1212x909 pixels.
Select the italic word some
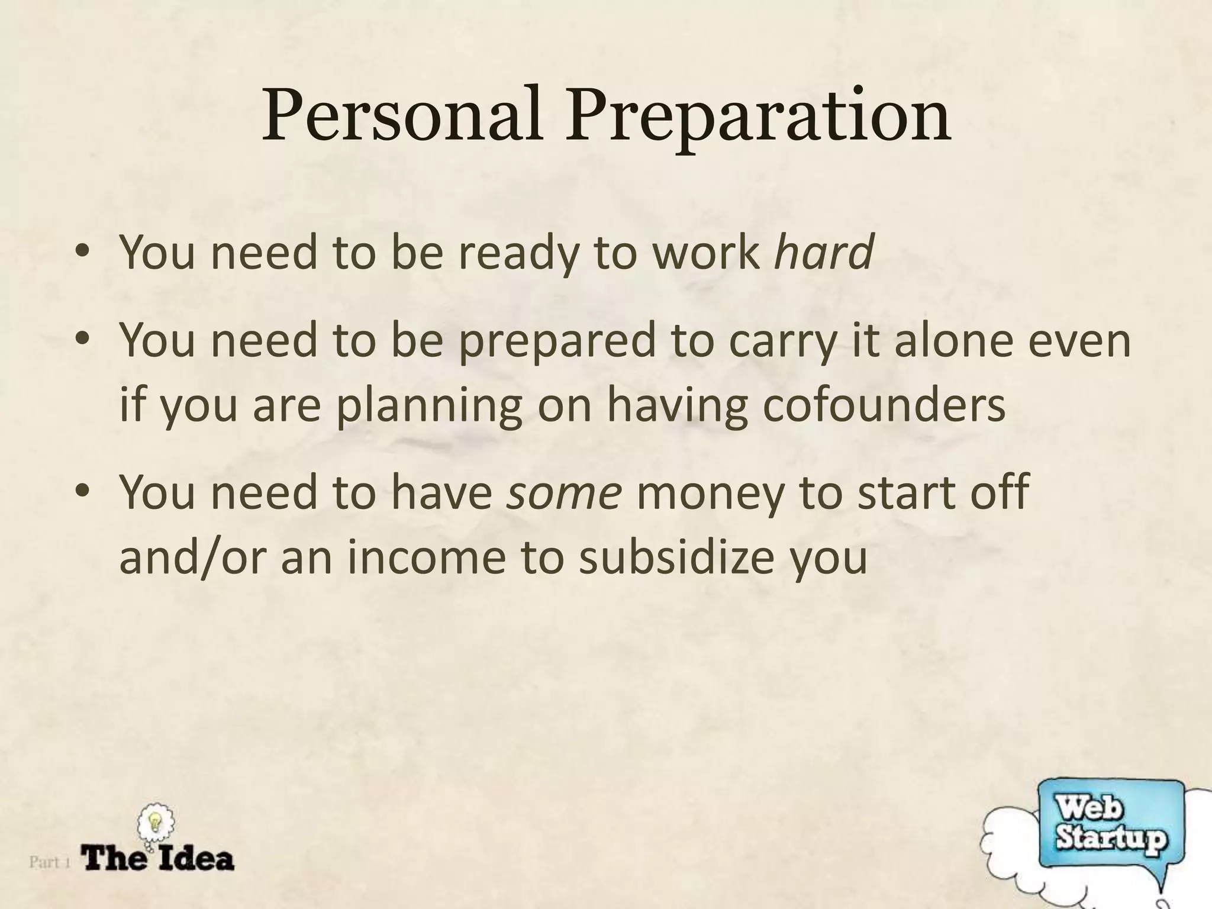565,492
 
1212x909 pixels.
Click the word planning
429,407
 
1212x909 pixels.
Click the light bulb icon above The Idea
155,823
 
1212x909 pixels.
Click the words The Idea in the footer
158,859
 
